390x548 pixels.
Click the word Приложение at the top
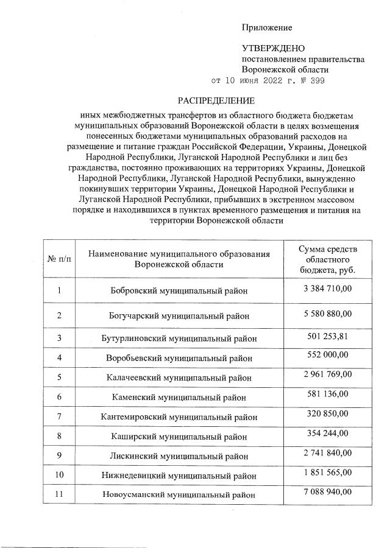[x=267, y=27]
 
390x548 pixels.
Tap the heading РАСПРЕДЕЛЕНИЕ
[x=216, y=100]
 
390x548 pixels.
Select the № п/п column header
[x=59, y=259]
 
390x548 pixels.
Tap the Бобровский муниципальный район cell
[x=179, y=290]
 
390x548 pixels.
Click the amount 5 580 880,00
[x=327, y=314]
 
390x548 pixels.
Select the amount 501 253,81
[x=327, y=336]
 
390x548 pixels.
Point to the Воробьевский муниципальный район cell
[x=179, y=358]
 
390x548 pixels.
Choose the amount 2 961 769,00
[x=327, y=374]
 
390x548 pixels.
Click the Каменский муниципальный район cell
[x=179, y=397]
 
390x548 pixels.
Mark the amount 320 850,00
[x=327, y=413]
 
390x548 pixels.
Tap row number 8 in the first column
[x=59, y=436]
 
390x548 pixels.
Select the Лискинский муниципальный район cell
[x=179, y=455]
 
